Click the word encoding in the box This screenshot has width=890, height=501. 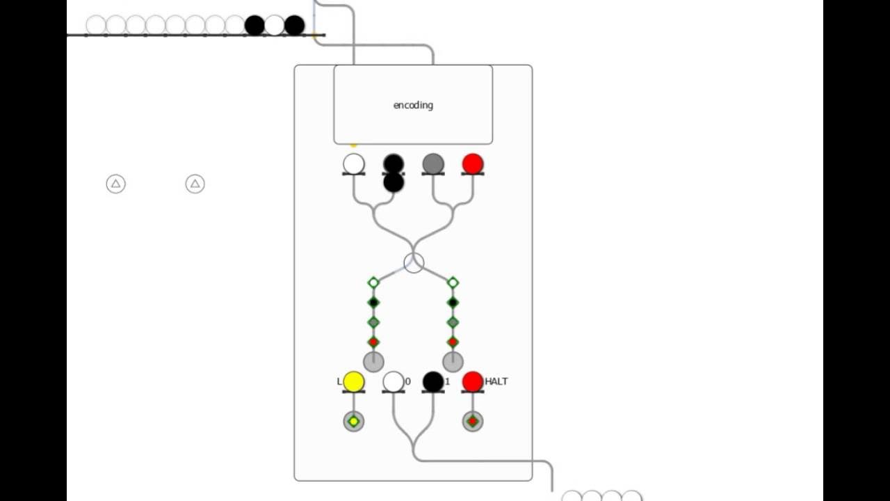coord(413,105)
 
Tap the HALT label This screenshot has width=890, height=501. coord(496,381)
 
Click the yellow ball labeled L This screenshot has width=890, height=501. coord(353,381)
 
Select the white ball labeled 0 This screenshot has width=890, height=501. coord(394,381)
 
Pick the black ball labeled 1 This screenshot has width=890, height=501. coord(433,381)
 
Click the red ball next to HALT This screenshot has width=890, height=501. coord(473,381)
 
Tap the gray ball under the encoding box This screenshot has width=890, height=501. coord(433,164)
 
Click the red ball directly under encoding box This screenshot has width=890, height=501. coord(473,164)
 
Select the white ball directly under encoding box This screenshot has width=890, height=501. coord(354,164)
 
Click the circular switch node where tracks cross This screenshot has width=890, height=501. coord(414,263)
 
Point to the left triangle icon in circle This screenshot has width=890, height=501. coord(116,184)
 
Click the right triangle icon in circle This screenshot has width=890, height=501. coord(195,184)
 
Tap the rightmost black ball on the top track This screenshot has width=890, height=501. coord(294,26)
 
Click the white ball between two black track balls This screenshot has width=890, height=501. coord(275,26)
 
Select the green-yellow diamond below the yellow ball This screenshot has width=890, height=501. coord(354,421)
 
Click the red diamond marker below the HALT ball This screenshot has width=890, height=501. coord(473,421)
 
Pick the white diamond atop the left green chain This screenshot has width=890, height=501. coord(373,283)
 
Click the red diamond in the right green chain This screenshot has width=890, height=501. coord(453,342)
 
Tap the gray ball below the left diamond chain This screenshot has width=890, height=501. coord(373,362)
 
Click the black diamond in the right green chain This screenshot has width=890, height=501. coord(453,302)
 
